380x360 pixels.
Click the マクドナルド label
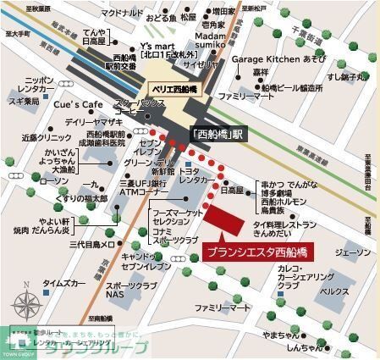point(98,14)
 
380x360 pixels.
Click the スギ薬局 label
point(24,101)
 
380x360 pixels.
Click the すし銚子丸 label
point(348,75)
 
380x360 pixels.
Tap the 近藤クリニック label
point(41,136)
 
